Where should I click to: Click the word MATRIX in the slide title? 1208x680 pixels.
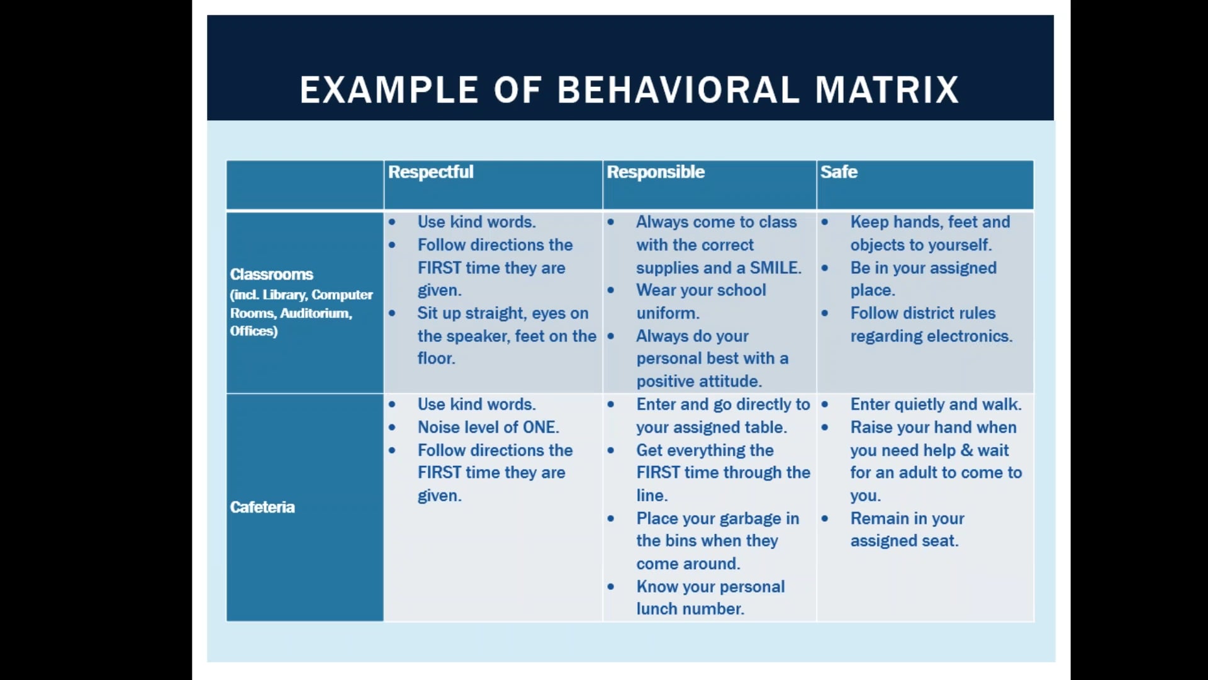[x=887, y=89]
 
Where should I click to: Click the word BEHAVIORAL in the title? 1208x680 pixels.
[x=678, y=89]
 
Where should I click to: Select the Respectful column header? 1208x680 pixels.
[x=430, y=172]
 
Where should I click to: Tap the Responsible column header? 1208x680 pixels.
[x=656, y=172]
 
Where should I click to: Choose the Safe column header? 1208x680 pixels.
[x=839, y=172]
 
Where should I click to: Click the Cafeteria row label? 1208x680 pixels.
[x=262, y=507]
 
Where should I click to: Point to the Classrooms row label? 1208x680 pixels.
[x=272, y=274]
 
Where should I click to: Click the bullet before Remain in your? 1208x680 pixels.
[x=824, y=519]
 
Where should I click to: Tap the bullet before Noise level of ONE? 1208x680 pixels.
[x=392, y=428]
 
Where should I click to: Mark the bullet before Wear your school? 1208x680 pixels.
[x=610, y=290]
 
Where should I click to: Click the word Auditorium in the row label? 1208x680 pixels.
[x=315, y=313]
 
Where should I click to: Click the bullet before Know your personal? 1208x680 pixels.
[x=610, y=587]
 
